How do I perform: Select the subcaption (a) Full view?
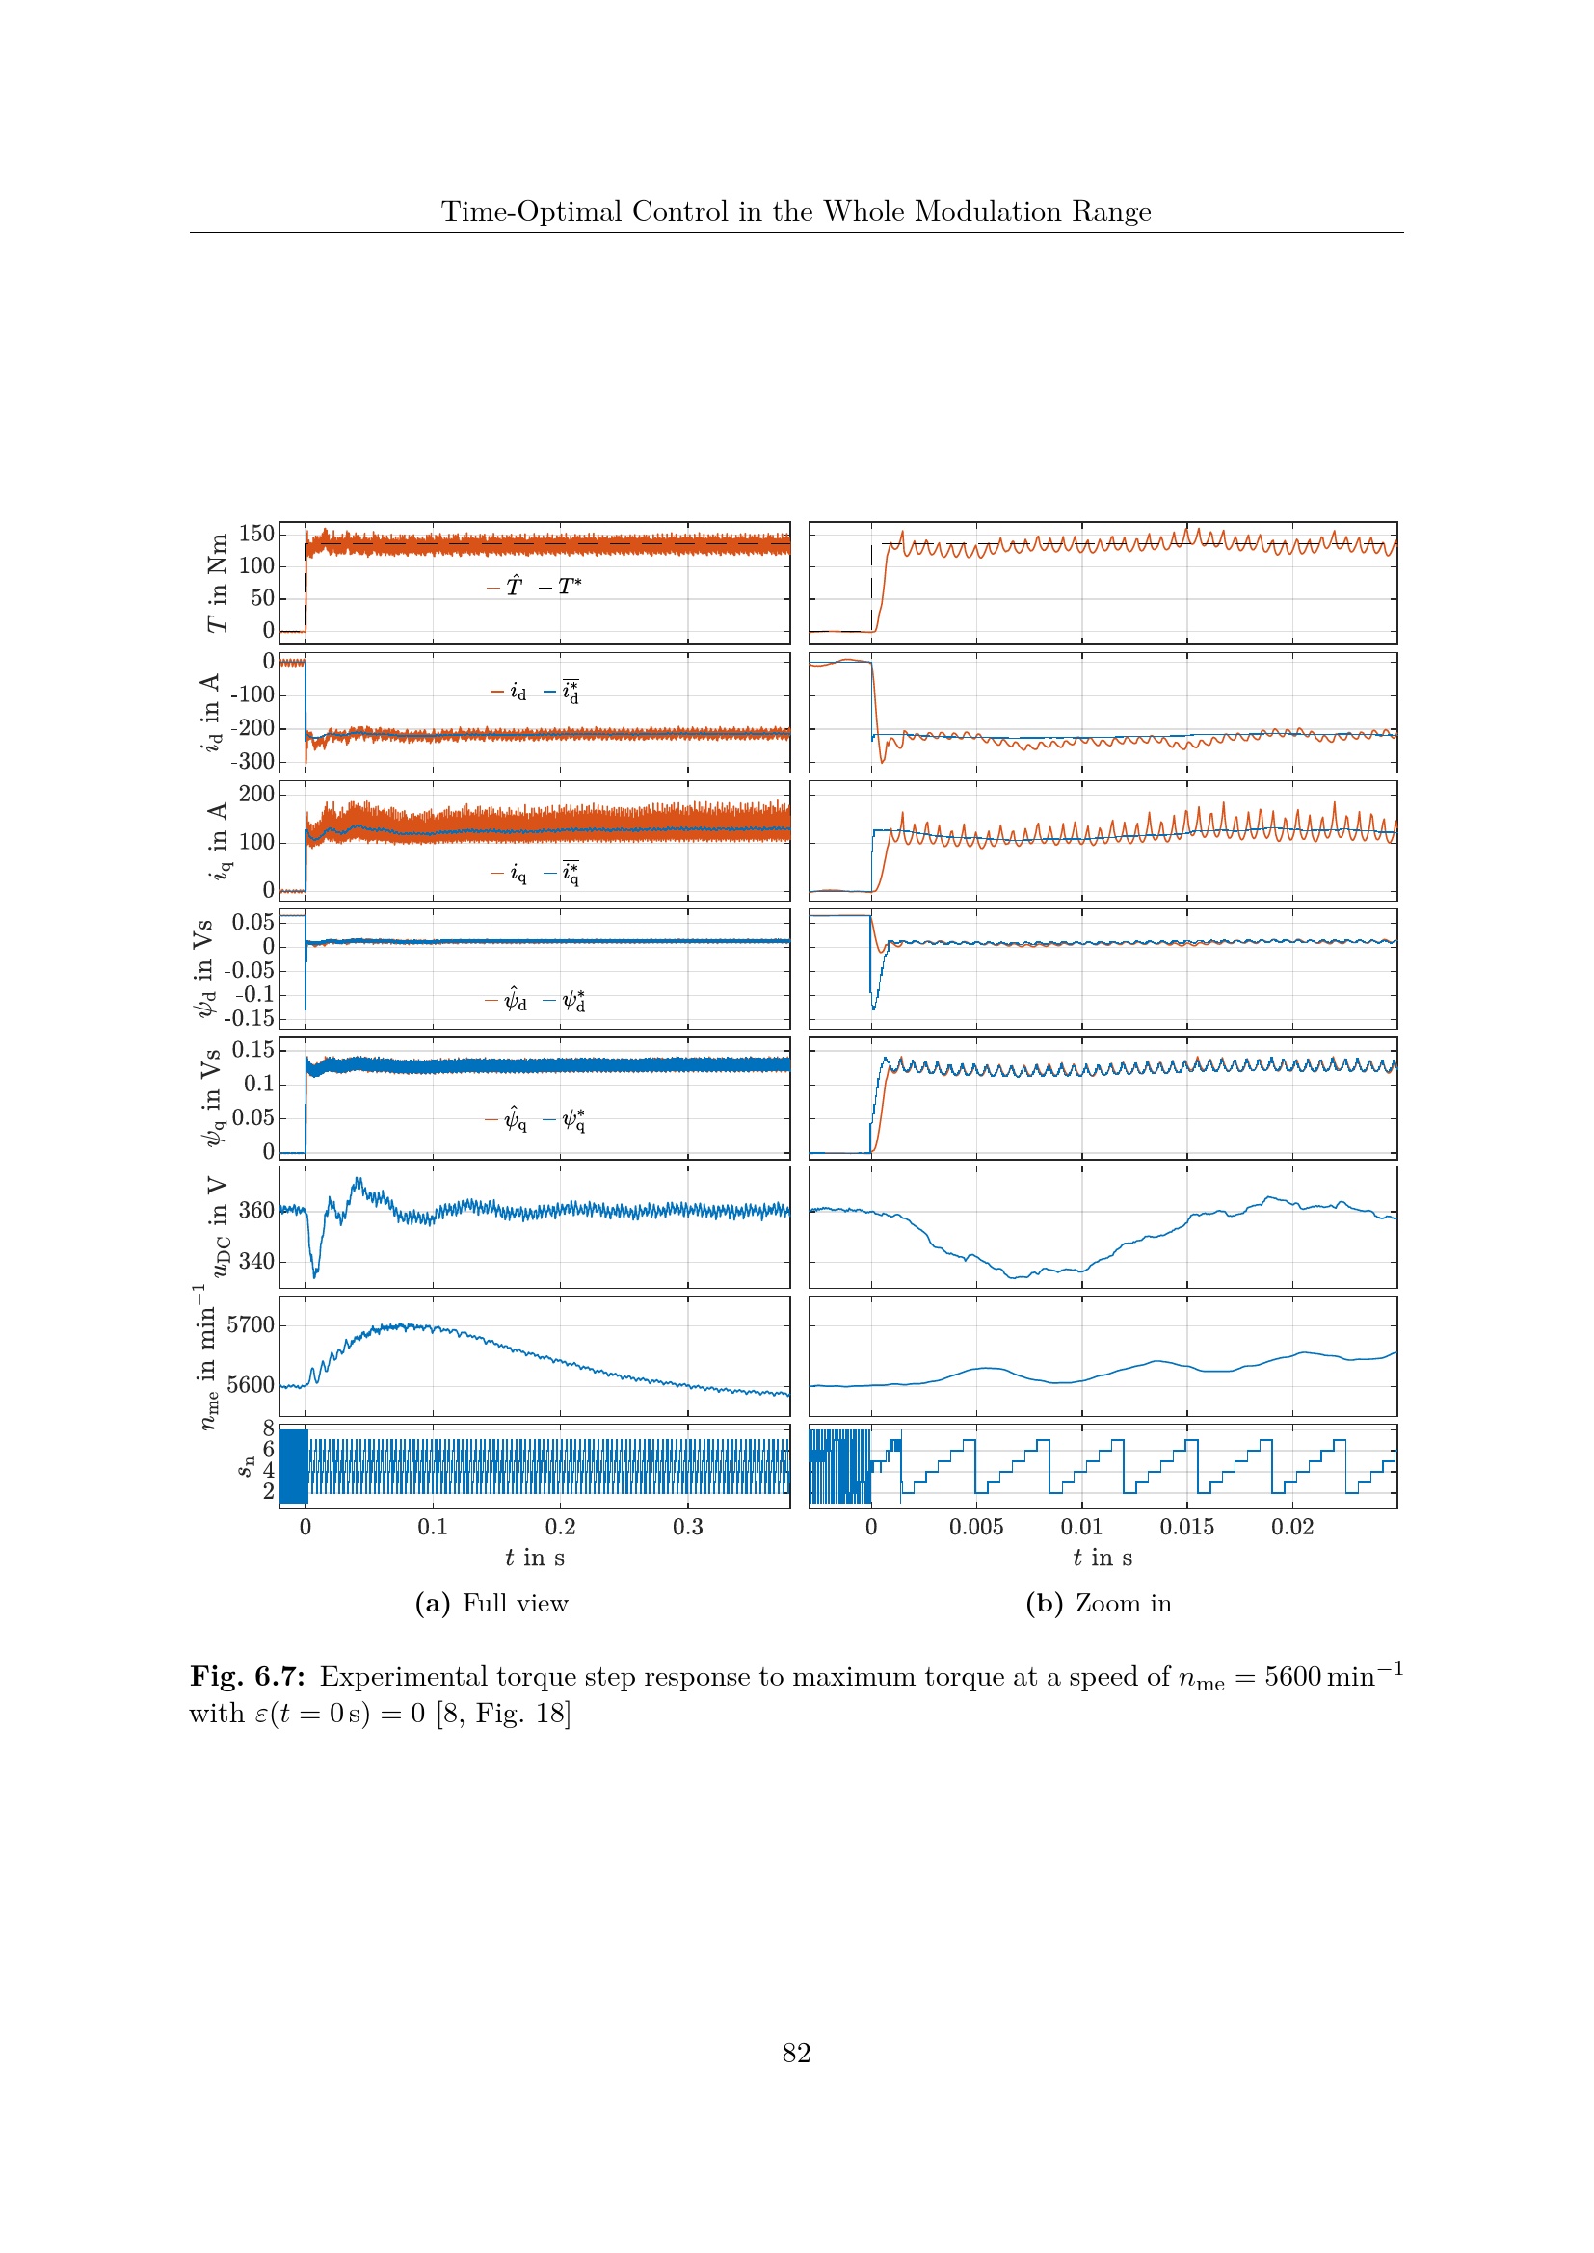(491, 1604)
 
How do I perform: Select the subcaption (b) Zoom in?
(1099, 1604)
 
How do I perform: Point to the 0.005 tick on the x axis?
(975, 1527)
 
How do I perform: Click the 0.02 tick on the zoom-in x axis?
(1291, 1527)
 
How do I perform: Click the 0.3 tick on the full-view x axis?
(688, 1527)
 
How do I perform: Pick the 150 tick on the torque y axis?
(256, 534)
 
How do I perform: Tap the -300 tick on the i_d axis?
(252, 762)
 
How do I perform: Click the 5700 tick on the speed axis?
(251, 1325)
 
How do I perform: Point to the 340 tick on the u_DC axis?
(256, 1262)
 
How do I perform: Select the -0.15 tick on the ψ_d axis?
(250, 1018)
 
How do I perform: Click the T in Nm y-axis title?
(217, 583)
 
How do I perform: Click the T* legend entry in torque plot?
(562, 587)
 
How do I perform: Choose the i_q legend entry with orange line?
(510, 874)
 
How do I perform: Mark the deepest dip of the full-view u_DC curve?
(315, 1276)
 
